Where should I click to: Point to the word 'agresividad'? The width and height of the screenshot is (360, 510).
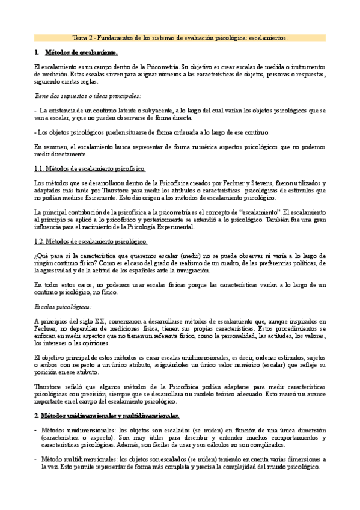pos(61,271)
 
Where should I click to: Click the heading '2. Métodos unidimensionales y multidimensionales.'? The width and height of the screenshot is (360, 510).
pos(106,416)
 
